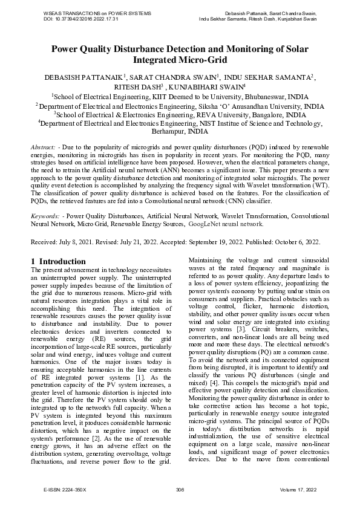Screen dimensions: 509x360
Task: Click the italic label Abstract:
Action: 44,148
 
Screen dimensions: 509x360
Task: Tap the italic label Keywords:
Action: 45,215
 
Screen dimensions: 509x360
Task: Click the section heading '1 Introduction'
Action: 58,261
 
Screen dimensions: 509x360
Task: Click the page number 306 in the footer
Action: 179,489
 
